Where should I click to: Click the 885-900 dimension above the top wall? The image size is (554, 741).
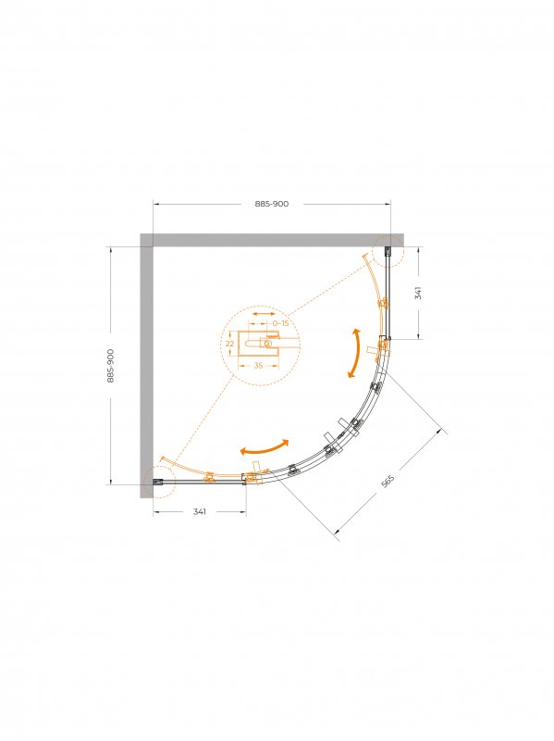(271, 204)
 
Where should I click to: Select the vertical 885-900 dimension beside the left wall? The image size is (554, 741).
(110, 365)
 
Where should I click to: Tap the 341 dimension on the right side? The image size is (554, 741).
(418, 293)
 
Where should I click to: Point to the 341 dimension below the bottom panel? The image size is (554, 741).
(199, 512)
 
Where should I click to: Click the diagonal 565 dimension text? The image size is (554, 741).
(388, 481)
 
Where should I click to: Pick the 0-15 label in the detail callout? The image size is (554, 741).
(280, 323)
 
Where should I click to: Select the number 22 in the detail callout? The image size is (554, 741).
(229, 344)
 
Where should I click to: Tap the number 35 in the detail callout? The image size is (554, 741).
(258, 365)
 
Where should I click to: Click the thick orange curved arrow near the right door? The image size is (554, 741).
(355, 353)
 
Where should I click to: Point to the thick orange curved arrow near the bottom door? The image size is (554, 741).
(265, 448)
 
